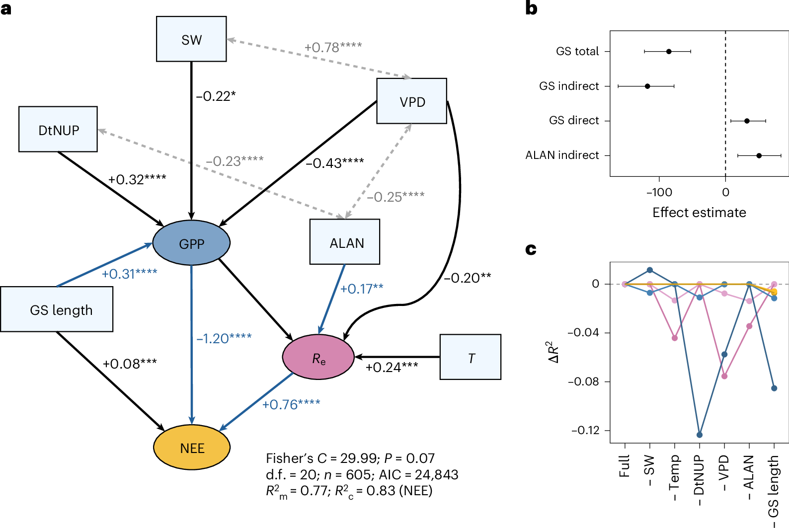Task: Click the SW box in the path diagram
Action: point(191,39)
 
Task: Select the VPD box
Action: point(412,101)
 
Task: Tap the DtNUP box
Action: point(58,129)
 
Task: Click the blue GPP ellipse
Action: point(191,243)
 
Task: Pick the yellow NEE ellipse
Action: point(192,448)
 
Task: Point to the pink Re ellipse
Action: point(318,357)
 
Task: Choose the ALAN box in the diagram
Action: point(345,241)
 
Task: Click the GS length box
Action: point(57,309)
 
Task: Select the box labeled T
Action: point(471,357)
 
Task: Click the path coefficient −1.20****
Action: point(224,338)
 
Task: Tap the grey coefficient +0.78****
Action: point(333,47)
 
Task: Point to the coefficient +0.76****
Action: point(291,404)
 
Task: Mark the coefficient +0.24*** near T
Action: point(392,368)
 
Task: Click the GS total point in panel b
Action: point(669,52)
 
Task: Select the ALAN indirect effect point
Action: point(759,155)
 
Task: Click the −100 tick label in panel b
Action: point(659,192)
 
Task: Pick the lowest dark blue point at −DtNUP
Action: point(700,435)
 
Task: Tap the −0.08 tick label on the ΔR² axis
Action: point(583,381)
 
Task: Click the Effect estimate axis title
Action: point(699,213)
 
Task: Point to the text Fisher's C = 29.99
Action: point(321,458)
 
